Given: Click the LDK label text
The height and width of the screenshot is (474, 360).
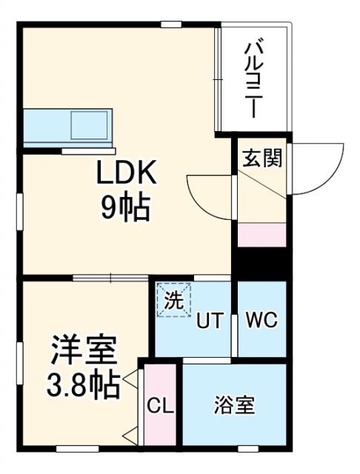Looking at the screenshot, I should pyautogui.click(x=125, y=175).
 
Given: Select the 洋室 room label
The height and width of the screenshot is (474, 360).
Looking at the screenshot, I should pyautogui.click(x=81, y=350).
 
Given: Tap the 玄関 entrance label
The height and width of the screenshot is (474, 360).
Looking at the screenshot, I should pyautogui.click(x=261, y=158).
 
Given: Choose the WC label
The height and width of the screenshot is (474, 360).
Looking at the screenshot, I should pyautogui.click(x=261, y=321).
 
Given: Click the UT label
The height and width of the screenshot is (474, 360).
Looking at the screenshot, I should pyautogui.click(x=209, y=321).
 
